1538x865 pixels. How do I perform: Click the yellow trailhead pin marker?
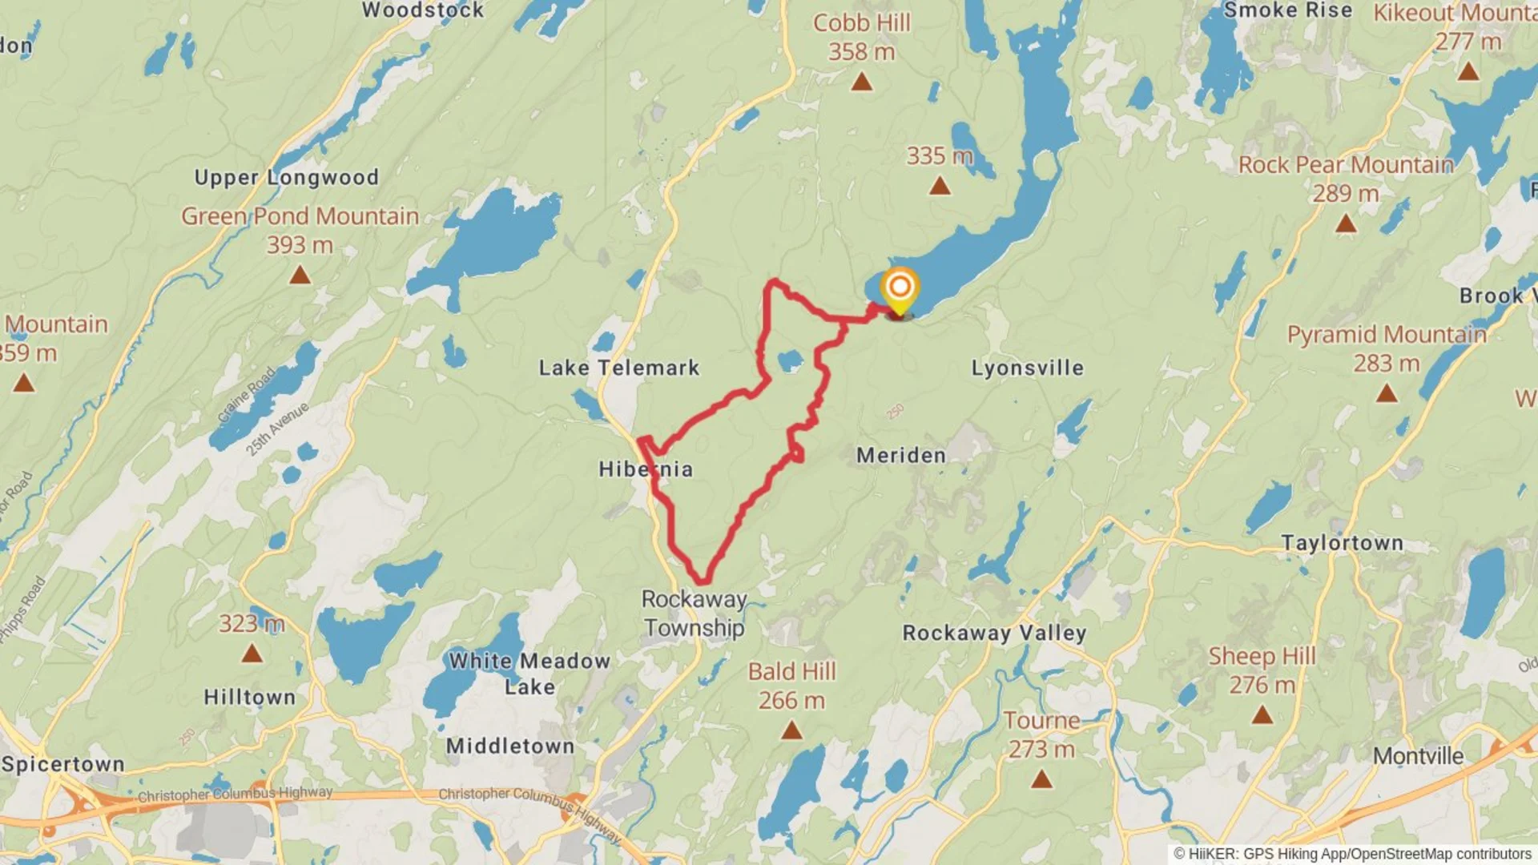pos(900,289)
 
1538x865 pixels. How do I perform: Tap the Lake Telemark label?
pos(618,368)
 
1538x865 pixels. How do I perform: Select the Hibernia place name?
pos(646,469)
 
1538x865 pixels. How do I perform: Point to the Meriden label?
pos(901,456)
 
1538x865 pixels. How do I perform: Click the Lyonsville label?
pos(1028,368)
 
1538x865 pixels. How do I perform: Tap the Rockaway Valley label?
pos(994,633)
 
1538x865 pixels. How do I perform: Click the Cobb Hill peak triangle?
pos(862,82)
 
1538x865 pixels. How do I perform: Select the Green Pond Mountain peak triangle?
pos(300,276)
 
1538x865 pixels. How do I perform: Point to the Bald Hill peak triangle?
pos(791,730)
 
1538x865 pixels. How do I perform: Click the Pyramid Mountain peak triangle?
pos(1387,393)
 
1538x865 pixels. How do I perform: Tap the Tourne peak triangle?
pos(1041,778)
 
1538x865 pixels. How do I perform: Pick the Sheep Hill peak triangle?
pos(1262,714)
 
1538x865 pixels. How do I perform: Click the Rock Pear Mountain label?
pos(1346,165)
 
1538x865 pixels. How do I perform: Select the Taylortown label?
pos(1342,543)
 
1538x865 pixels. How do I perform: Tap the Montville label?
pos(1418,756)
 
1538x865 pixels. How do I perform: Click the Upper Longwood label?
pos(286,177)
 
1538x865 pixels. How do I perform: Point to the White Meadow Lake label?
pos(529,673)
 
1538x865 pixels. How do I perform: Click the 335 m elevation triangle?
pos(940,187)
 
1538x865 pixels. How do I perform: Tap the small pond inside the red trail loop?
pos(790,360)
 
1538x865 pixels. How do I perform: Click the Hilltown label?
pos(249,697)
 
